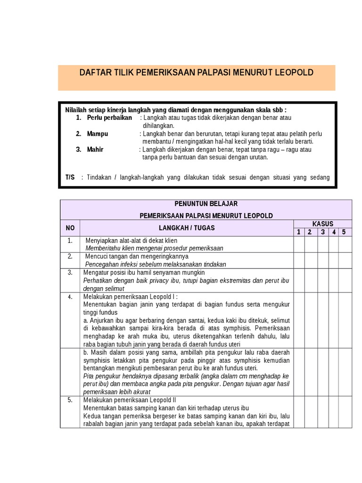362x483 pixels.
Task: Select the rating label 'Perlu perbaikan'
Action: [x=109, y=117]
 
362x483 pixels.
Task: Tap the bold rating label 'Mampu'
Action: [x=98, y=133]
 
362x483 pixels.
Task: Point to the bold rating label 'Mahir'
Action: [x=95, y=150]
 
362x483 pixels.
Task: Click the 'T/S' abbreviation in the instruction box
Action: [x=70, y=177]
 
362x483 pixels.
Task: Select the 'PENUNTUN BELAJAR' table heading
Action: [x=206, y=204]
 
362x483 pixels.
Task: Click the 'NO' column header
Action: [x=70, y=228]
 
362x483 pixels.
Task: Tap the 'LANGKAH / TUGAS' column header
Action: [x=187, y=228]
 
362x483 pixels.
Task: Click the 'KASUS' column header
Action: [x=322, y=224]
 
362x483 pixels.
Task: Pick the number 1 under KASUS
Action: [x=298, y=232]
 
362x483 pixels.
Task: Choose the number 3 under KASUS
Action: [x=323, y=232]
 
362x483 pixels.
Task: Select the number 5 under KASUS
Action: [x=344, y=232]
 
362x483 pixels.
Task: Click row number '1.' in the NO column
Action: [x=70, y=241]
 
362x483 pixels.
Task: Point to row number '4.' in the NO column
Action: [x=70, y=297]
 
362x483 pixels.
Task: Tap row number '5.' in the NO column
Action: [x=70, y=400]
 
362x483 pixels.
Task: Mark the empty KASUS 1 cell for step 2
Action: [x=298, y=260]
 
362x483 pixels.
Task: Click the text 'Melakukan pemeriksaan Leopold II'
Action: [x=123, y=400]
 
